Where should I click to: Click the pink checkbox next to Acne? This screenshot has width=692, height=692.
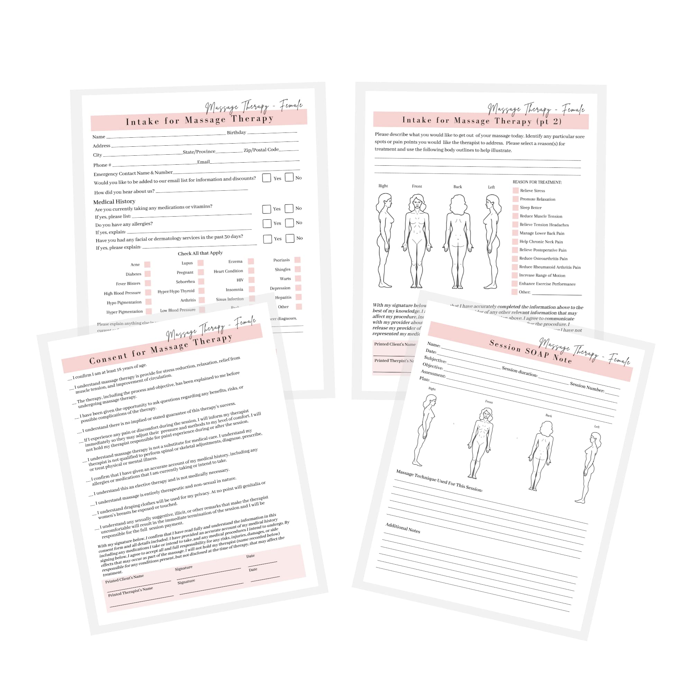click(147, 264)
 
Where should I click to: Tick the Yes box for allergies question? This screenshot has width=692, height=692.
click(267, 224)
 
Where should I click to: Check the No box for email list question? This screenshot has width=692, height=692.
click(289, 177)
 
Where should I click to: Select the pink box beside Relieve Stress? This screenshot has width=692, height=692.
click(516, 190)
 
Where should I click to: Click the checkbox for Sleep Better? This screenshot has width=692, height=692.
click(516, 207)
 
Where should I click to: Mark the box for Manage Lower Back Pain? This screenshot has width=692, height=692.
click(515, 233)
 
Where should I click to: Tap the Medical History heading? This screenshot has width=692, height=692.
click(114, 201)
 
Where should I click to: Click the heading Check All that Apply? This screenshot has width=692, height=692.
click(200, 253)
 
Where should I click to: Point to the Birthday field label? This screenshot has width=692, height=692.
click(236, 133)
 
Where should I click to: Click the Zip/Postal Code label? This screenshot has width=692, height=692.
click(261, 150)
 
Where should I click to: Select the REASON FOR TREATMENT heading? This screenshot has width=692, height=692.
click(537, 182)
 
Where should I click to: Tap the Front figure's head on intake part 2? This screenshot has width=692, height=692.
click(417, 202)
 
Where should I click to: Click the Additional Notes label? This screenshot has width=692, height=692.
click(403, 528)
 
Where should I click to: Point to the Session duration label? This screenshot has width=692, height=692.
click(519, 371)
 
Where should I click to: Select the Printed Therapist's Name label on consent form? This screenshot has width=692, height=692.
click(130, 591)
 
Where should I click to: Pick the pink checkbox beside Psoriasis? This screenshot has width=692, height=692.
click(297, 260)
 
